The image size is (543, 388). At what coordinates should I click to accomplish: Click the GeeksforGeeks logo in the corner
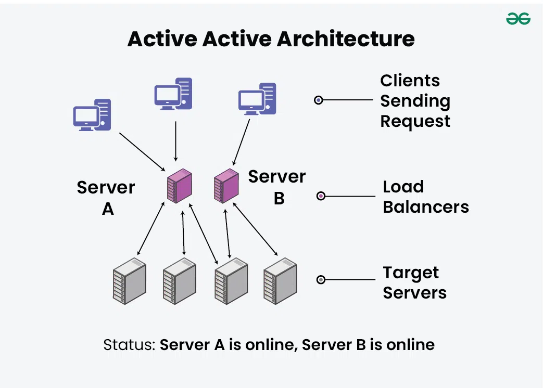pyautogui.click(x=518, y=19)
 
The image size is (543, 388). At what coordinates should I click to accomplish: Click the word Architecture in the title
pyautogui.click(x=346, y=39)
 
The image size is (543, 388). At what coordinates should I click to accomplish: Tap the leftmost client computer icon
pyautogui.click(x=92, y=114)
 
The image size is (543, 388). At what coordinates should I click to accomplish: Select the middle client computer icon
pyautogui.click(x=173, y=94)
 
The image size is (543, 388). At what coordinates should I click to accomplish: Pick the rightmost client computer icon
pyautogui.click(x=257, y=99)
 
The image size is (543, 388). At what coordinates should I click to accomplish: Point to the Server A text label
pyautogui.click(x=106, y=198)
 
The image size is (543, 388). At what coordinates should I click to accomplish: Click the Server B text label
pyautogui.click(x=277, y=187)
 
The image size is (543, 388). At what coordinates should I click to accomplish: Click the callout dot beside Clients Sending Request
pyautogui.click(x=319, y=100)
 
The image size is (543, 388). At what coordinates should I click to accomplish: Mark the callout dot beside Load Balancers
pyautogui.click(x=321, y=196)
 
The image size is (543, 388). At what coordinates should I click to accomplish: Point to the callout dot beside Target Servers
pyautogui.click(x=321, y=280)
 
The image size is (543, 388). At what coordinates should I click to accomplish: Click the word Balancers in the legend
pyautogui.click(x=426, y=207)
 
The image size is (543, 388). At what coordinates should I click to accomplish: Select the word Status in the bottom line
pyautogui.click(x=128, y=344)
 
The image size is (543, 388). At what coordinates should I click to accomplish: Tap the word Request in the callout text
pyautogui.click(x=415, y=121)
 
